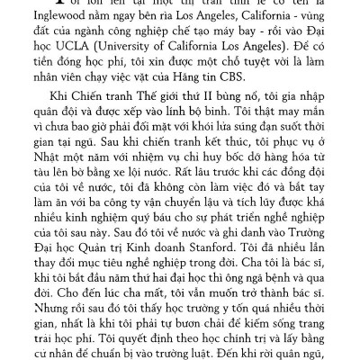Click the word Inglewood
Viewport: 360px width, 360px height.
(55, 24)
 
